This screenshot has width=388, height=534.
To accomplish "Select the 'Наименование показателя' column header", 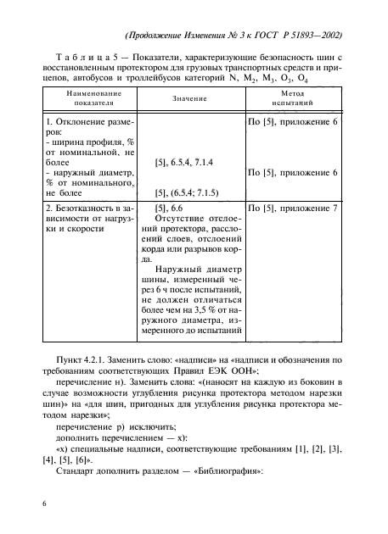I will [93, 99].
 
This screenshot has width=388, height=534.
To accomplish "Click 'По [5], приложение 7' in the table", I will [293, 207].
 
